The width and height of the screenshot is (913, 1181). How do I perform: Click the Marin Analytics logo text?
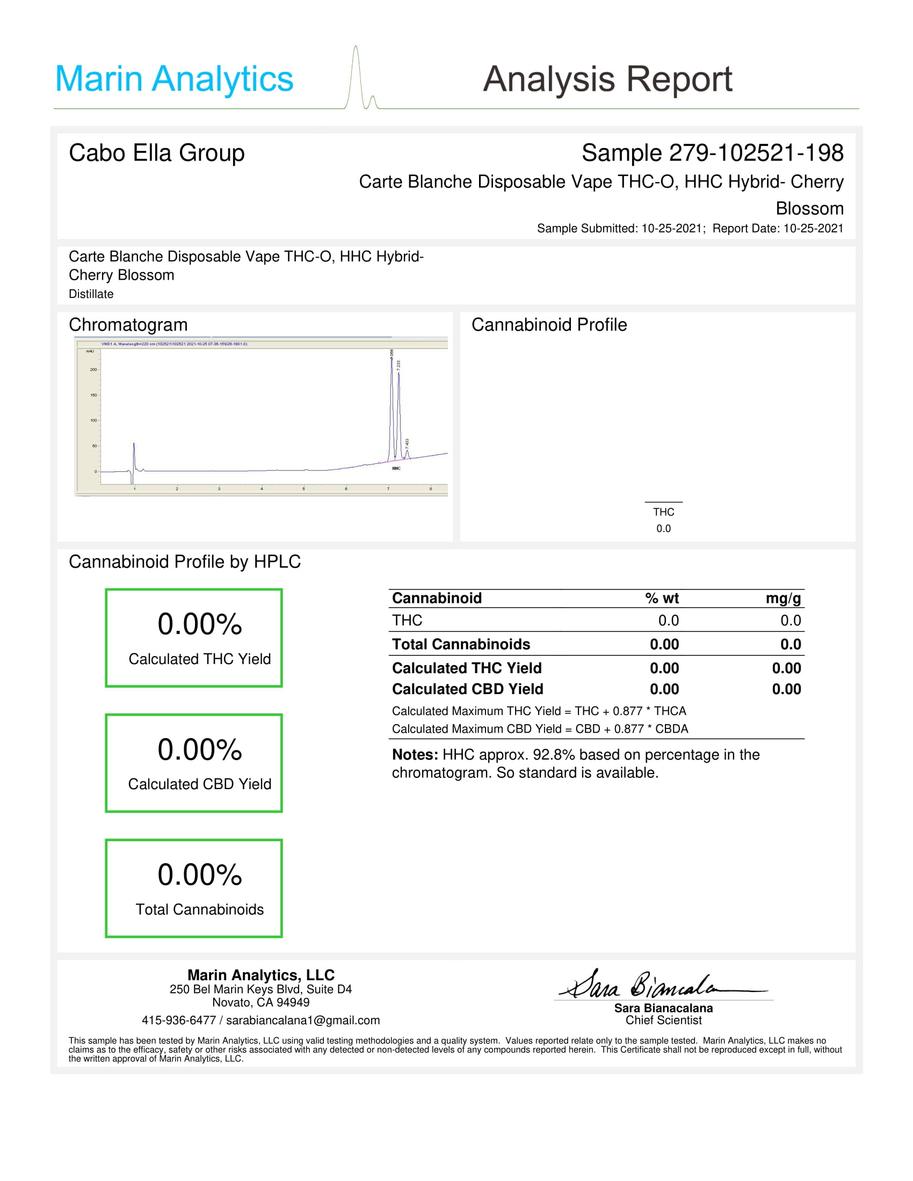coord(173,79)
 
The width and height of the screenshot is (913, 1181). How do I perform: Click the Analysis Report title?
coord(607,79)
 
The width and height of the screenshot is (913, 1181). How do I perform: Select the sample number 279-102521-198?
coord(756,153)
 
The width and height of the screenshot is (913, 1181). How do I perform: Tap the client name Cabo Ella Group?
coord(157,153)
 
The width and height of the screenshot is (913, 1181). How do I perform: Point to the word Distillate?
coord(91,294)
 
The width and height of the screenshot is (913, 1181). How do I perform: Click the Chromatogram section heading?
coord(128,325)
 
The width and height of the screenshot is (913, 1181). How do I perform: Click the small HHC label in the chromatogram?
coord(396,468)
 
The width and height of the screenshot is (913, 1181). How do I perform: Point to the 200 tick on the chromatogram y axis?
coord(93,370)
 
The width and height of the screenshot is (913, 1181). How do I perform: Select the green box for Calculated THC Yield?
coord(194,638)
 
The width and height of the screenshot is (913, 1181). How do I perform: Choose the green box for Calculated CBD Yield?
coord(194,763)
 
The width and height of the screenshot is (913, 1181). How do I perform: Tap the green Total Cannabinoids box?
coord(194,888)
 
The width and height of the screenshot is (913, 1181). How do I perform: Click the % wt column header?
coord(662,598)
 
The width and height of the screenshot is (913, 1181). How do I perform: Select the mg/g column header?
coord(782,598)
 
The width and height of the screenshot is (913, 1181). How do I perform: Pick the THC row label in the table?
coord(407,620)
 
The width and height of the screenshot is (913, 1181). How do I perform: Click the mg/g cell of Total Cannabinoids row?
coord(790,644)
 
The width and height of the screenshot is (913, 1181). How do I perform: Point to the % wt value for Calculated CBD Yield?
coord(664,689)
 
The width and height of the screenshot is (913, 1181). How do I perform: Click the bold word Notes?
coord(415,755)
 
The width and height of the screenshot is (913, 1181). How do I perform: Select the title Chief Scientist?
coord(664,1020)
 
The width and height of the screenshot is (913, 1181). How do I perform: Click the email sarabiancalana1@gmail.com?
coord(303,1020)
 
